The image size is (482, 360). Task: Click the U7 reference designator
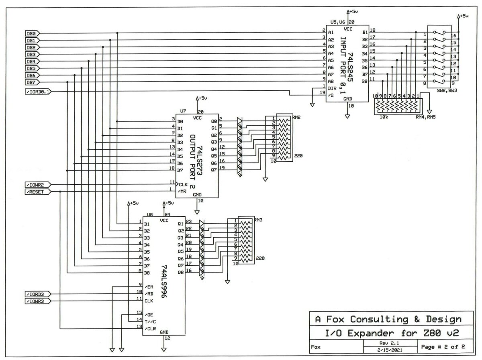point(183,110)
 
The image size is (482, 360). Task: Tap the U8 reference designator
point(150,215)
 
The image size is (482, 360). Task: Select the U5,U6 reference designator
point(338,22)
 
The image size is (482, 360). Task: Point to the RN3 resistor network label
point(258,220)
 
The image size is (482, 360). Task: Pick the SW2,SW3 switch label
point(447,91)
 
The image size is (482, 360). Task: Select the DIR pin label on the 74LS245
point(332,88)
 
